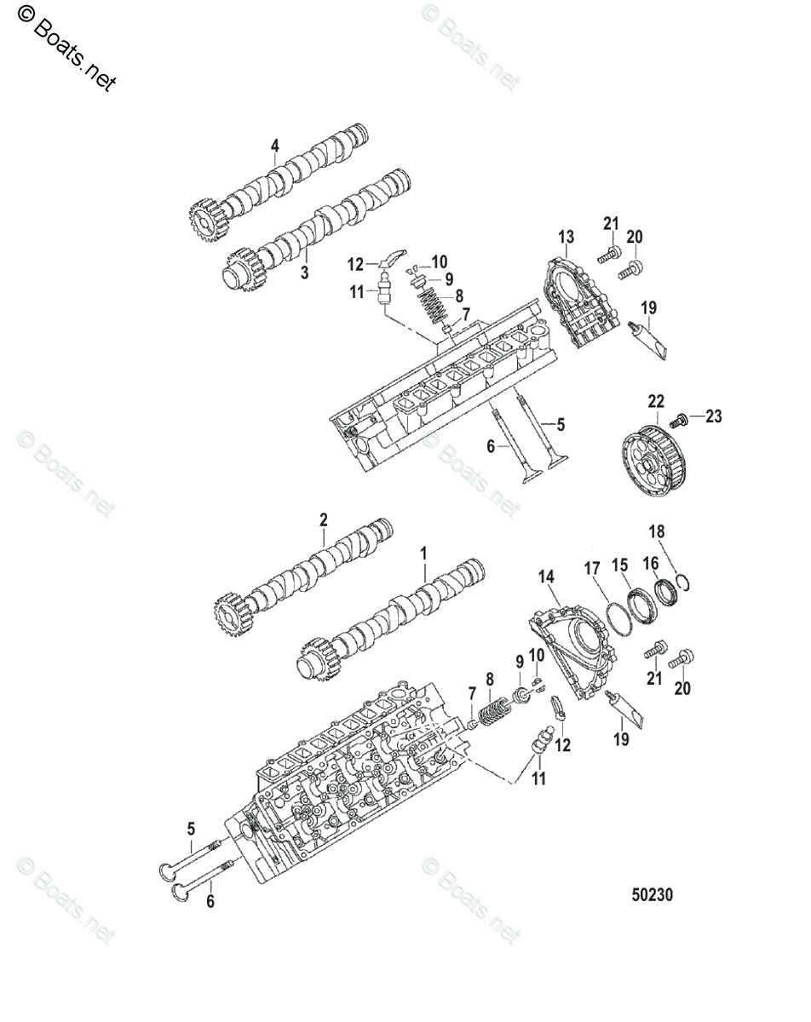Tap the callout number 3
coord(305,273)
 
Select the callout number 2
coord(324,518)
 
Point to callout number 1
coord(424,554)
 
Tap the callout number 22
coord(655,401)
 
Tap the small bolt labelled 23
coord(680,420)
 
